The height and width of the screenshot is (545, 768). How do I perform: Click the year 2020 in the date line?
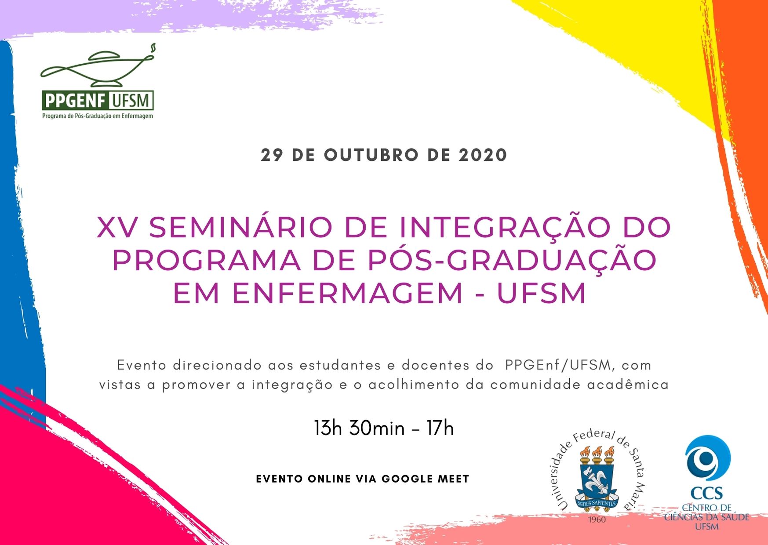(483, 155)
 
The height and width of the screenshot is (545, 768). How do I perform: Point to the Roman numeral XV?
(116, 228)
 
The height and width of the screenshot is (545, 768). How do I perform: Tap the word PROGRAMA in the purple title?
(207, 260)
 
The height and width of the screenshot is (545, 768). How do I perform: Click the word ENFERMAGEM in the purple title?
(348, 293)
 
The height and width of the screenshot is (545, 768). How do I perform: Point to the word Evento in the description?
(142, 365)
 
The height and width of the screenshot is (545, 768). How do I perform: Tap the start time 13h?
(328, 428)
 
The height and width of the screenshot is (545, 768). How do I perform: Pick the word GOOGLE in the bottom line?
(407, 479)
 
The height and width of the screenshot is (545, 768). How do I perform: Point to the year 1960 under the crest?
(597, 520)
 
